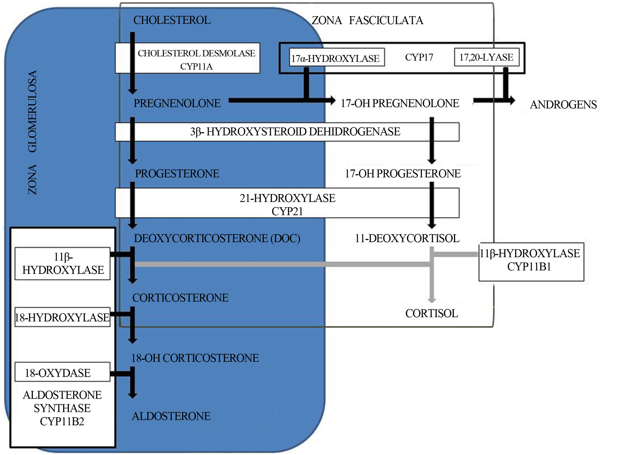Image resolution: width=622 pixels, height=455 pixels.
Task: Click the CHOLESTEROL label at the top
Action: (x=172, y=20)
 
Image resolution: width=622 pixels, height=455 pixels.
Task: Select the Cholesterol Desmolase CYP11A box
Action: (x=188, y=58)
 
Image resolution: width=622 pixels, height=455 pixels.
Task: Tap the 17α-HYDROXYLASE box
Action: (x=337, y=57)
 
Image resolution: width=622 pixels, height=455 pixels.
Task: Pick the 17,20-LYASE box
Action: (x=487, y=57)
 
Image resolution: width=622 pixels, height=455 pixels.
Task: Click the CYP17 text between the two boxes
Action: (x=419, y=57)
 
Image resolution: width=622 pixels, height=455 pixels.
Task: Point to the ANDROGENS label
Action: (x=563, y=105)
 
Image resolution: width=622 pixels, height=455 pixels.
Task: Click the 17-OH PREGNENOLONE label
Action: (x=400, y=103)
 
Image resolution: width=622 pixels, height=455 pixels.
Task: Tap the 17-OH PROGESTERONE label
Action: (x=403, y=174)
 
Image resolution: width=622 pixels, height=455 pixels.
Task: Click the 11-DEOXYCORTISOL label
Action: (x=407, y=238)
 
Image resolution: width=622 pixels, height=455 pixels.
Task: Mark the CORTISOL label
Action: (x=432, y=313)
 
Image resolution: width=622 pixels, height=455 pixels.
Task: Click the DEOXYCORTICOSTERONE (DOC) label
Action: (x=217, y=238)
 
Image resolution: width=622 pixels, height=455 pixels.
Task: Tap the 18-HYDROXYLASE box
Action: (x=62, y=317)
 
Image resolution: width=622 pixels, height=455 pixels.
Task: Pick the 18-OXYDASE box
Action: (x=62, y=372)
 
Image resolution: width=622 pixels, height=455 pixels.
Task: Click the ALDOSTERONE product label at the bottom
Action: (x=171, y=416)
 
